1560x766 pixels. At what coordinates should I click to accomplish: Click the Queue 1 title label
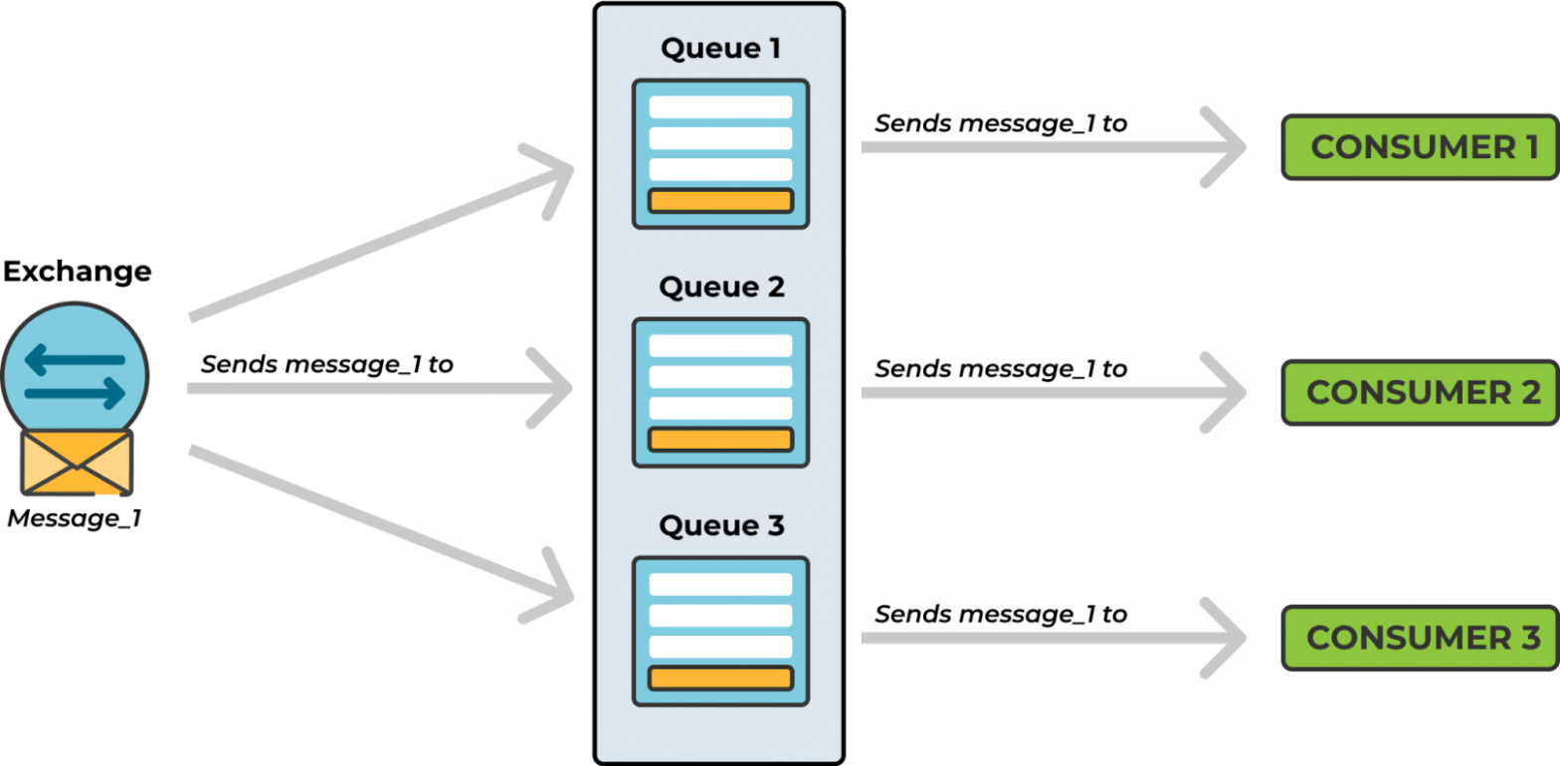720,50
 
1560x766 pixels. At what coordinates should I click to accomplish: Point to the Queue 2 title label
720,287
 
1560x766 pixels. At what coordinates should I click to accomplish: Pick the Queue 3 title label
720,525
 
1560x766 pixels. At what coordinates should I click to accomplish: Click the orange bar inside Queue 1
720,200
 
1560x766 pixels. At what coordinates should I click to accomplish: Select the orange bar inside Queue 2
720,439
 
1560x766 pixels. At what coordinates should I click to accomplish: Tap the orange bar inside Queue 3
720,677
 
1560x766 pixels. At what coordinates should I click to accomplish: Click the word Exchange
77,271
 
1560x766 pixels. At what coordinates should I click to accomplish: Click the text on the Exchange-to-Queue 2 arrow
326,363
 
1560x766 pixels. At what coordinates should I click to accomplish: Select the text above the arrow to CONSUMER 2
1000,368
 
